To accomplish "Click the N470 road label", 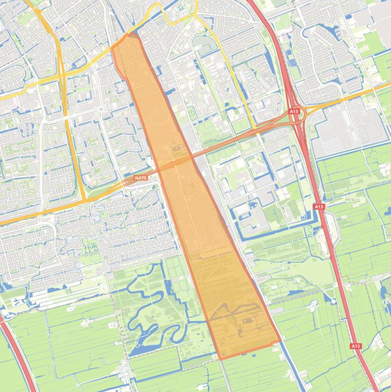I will (x=140, y=178).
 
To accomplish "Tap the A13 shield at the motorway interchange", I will (x=294, y=111).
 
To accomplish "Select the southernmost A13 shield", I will (x=355, y=346).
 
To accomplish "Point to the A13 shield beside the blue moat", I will (x=319, y=207).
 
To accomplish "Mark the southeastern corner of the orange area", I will (x=280, y=341).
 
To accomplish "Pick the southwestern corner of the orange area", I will (x=220, y=359).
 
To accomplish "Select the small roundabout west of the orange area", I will (x=102, y=109).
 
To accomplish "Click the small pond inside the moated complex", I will (x=253, y=207).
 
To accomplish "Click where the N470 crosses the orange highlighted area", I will (x=175, y=163).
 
